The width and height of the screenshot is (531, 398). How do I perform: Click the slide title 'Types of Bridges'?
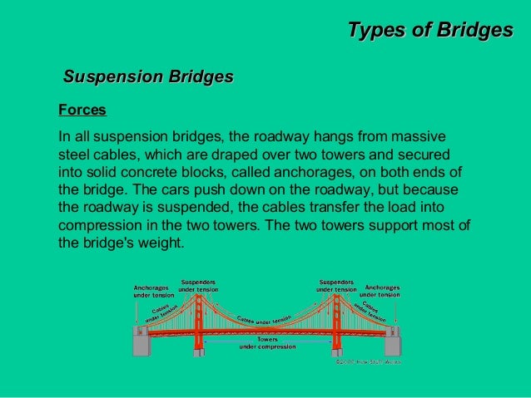429,31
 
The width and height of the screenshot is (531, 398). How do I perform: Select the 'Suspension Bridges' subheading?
148,77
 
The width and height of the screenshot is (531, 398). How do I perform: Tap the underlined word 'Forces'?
82,110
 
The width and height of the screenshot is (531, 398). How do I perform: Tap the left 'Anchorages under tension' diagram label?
154,291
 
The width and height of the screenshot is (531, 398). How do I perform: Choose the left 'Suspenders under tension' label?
198,285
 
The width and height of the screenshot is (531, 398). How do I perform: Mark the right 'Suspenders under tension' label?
336,285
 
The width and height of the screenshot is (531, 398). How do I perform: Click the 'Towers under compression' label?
267,342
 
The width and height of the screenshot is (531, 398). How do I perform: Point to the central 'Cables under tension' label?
264,320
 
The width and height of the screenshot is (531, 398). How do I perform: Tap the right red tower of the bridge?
335,320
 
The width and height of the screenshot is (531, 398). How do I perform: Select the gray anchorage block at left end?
141,341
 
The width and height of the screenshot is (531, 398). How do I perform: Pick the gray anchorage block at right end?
392,341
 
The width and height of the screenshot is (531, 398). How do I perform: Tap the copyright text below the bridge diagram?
368,361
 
